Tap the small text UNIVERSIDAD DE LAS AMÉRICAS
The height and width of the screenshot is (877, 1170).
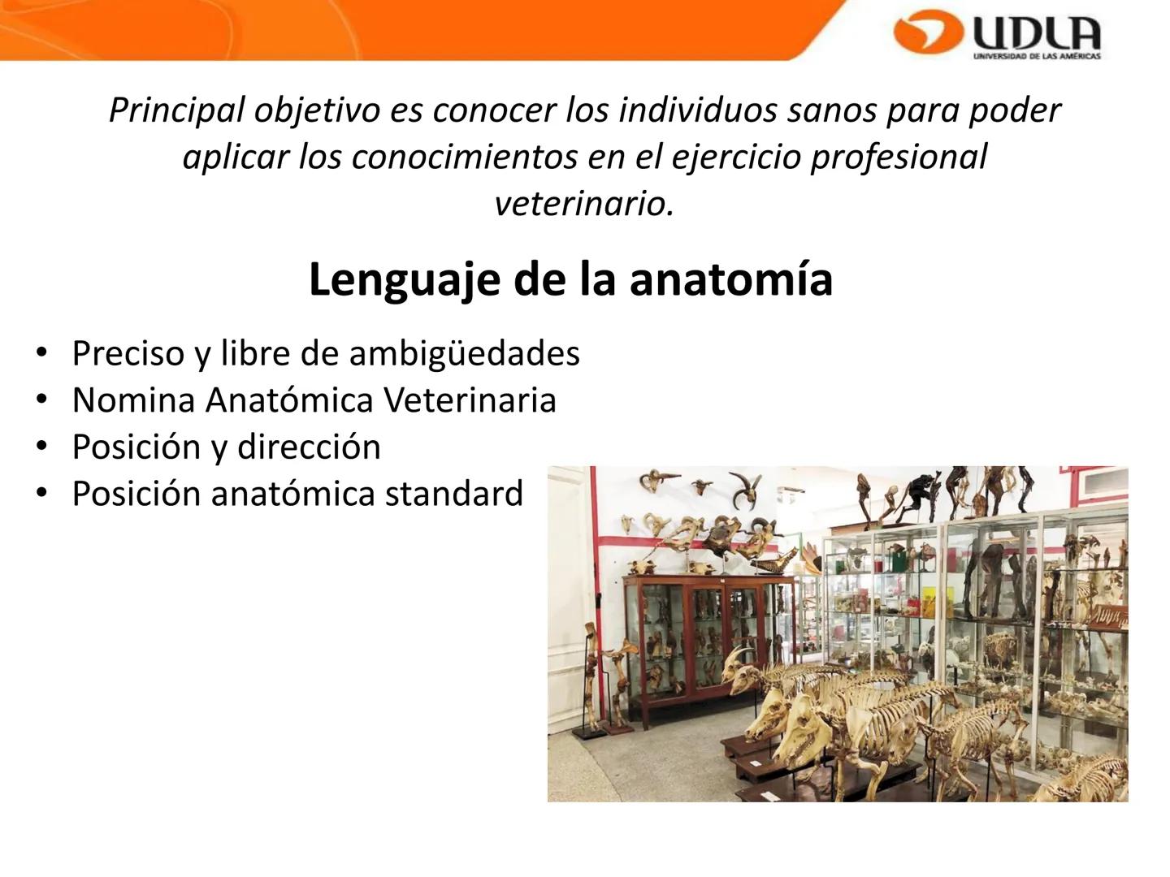(x=1037, y=56)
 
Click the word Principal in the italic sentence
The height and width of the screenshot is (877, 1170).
(x=176, y=110)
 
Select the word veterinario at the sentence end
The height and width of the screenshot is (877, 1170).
(x=584, y=203)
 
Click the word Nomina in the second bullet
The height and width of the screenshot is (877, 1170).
(x=134, y=400)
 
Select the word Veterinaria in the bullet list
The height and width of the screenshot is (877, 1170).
(x=470, y=400)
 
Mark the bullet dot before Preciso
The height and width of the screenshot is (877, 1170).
(x=41, y=353)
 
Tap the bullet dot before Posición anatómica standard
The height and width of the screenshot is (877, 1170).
(x=41, y=494)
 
